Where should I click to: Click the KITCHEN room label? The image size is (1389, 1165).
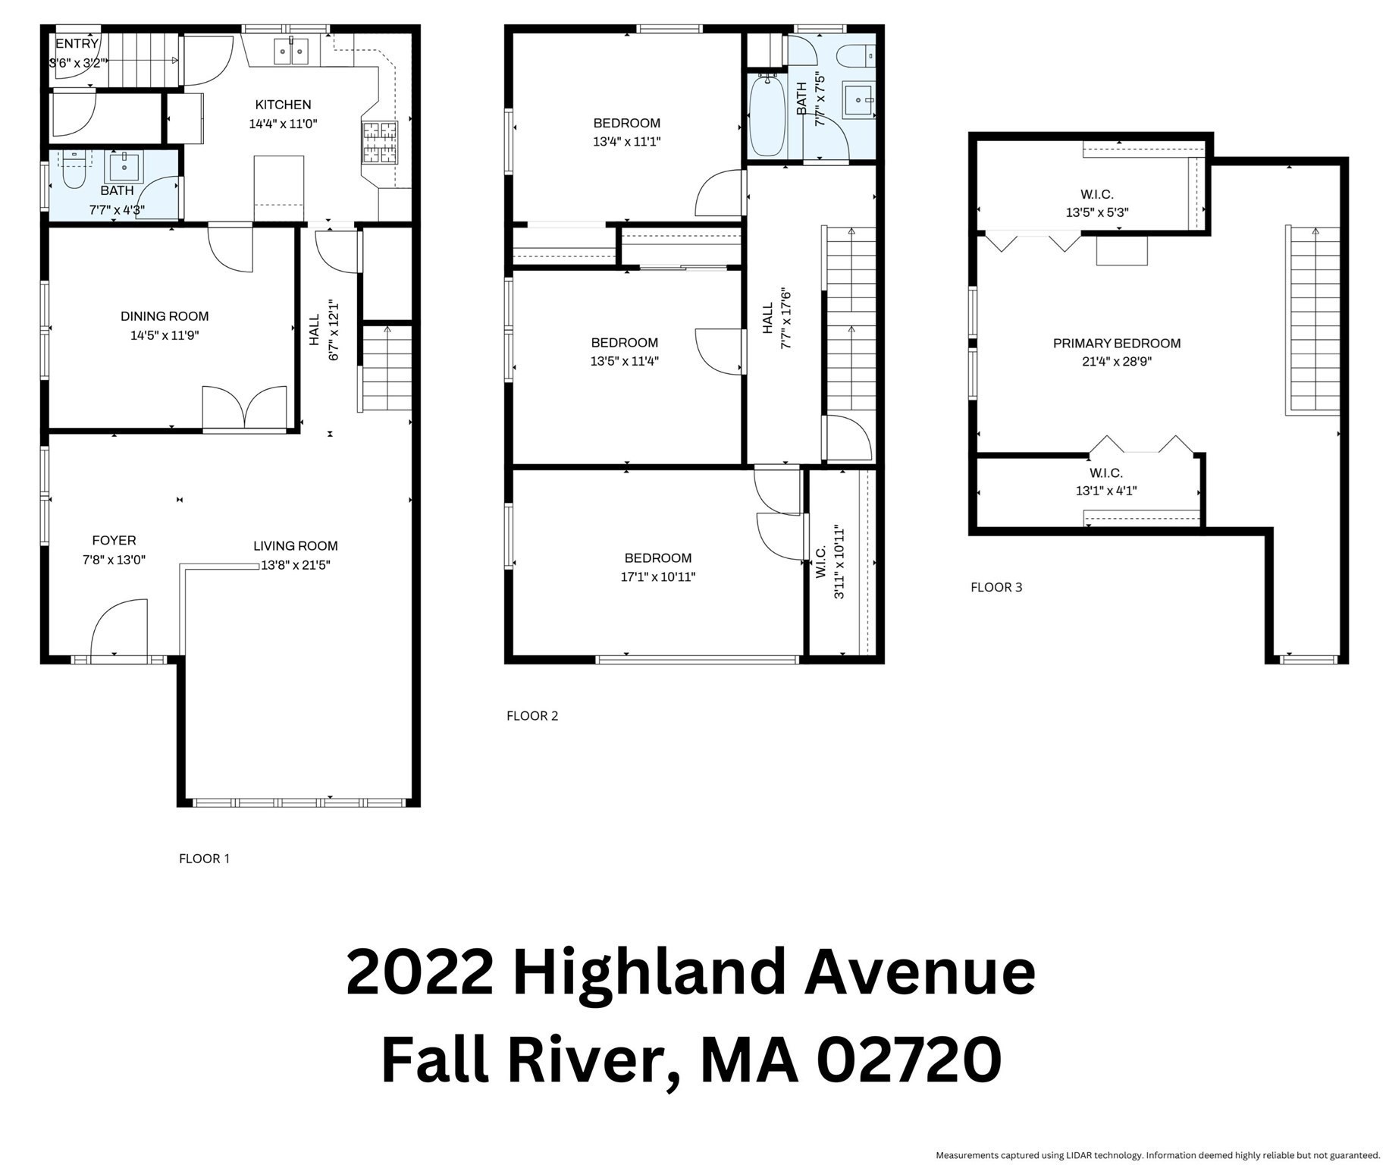point(283,105)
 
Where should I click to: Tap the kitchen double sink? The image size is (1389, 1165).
point(290,52)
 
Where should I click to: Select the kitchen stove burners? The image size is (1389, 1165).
point(380,143)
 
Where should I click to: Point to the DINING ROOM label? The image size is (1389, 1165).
point(165,316)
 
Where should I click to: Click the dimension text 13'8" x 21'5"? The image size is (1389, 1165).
point(296,565)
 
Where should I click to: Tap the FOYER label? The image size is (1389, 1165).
point(114,540)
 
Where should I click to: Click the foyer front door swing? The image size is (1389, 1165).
point(119,628)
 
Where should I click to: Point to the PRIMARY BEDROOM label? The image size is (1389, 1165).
point(1116,344)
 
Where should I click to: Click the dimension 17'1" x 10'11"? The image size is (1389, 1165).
point(657,577)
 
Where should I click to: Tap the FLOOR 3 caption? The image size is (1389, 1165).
point(996,587)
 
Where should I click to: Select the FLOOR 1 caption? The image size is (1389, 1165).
point(204,859)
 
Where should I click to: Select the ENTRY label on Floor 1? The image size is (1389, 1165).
point(77,43)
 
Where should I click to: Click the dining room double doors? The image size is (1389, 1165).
point(244,409)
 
